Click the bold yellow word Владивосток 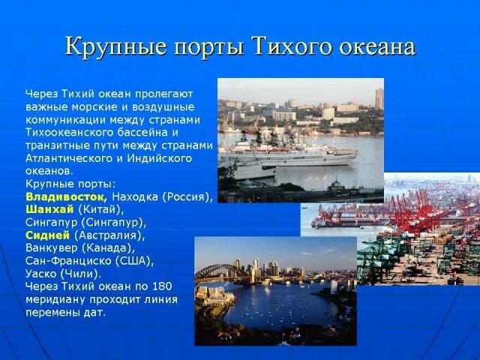coord(66,196)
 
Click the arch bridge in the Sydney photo coord(217,269)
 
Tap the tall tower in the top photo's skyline coord(379,98)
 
